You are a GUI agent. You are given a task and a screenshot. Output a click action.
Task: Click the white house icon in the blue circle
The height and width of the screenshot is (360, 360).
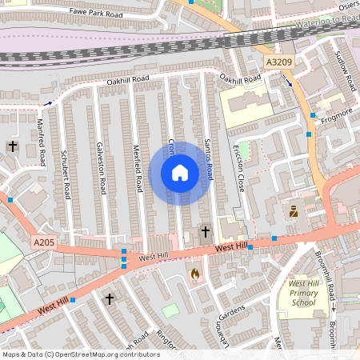[x=180, y=173]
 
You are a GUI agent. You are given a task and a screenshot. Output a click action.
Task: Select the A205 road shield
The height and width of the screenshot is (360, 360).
[x=45, y=242]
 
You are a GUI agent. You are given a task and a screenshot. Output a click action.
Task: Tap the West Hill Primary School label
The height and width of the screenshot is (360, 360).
[x=303, y=293]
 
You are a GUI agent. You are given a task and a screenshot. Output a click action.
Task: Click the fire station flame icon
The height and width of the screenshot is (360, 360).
[x=194, y=274]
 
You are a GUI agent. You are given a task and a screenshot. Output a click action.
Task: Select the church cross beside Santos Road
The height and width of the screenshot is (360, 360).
[x=205, y=232]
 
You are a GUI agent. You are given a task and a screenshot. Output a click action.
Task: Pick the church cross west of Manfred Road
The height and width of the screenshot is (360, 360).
[x=11, y=146]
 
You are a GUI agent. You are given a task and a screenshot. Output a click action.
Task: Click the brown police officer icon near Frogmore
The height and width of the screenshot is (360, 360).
[x=294, y=212]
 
